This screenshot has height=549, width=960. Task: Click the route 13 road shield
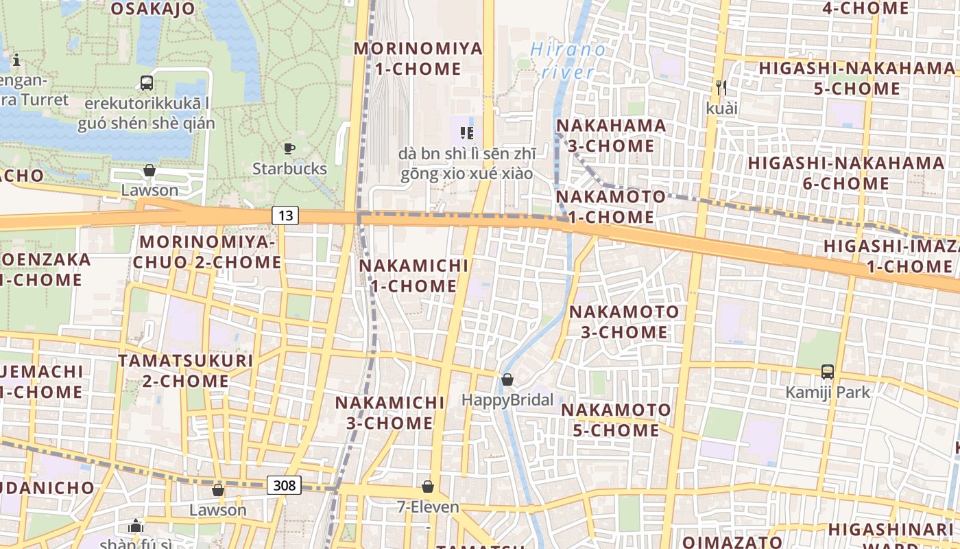tap(285, 215)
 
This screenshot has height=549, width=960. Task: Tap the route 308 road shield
tap(284, 485)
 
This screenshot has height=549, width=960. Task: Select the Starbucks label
tap(289, 168)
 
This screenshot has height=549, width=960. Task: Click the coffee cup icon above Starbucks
tap(289, 148)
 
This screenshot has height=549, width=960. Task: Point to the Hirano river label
tap(568, 60)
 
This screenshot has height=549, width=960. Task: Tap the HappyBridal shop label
tap(507, 399)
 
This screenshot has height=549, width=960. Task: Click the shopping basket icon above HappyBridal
tap(507, 379)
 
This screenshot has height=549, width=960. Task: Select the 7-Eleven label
tap(428, 507)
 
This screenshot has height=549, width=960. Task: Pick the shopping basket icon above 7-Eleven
tap(428, 487)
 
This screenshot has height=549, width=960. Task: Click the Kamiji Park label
tap(828, 392)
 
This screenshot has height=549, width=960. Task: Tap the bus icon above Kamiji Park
tap(828, 372)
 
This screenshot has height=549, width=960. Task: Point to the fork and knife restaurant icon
tap(721, 88)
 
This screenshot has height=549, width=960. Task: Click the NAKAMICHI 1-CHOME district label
tap(413, 275)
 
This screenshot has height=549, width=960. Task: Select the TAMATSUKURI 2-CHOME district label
tap(185, 371)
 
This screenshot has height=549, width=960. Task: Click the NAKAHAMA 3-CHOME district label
tap(611, 135)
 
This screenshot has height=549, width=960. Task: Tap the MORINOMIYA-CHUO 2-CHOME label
tap(207, 252)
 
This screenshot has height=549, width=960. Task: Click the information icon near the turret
tap(16, 60)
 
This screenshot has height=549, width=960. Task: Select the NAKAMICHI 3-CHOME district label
tap(389, 412)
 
